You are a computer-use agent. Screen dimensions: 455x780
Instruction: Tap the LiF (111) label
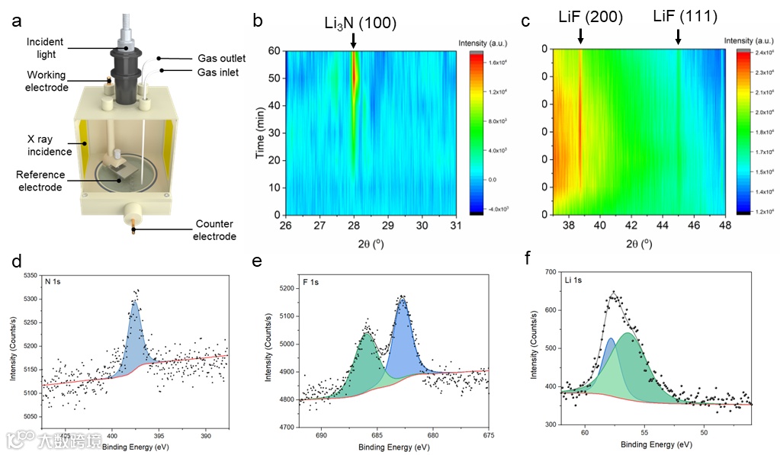coord(685,16)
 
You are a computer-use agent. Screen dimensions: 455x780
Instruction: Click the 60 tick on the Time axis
coord(273,50)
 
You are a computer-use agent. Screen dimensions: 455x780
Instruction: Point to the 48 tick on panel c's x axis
coord(725,226)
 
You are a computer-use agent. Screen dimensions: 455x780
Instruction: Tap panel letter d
coord(17,261)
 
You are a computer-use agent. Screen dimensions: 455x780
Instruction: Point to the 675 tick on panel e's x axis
coord(488,435)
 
